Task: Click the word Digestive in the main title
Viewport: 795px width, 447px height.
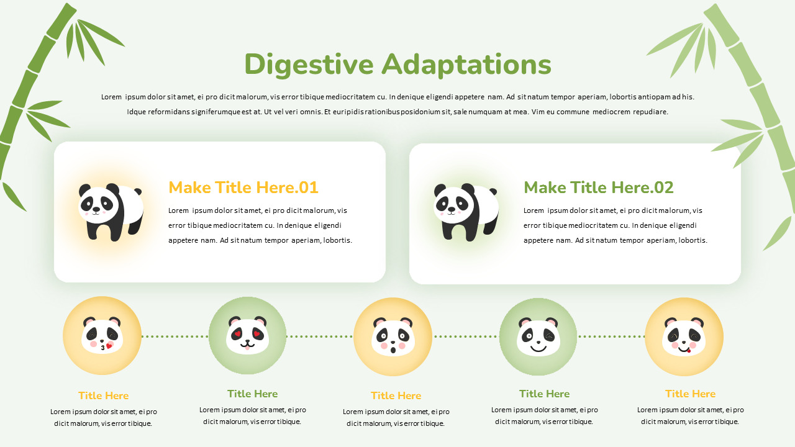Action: coord(309,65)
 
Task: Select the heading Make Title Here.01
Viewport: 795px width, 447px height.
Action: coord(243,187)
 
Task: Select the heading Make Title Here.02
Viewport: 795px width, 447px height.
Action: coord(598,187)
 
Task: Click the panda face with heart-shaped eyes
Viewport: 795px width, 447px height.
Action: coord(247,336)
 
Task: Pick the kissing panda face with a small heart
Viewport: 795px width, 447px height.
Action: coord(102,336)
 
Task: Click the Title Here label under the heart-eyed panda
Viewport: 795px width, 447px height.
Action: coord(252,394)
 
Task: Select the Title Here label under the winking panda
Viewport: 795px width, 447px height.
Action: coord(544,394)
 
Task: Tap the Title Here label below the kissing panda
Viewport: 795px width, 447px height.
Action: coord(103,395)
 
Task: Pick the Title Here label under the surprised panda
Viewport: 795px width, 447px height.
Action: coord(396,395)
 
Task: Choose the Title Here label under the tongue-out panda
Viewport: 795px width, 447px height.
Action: coord(690,394)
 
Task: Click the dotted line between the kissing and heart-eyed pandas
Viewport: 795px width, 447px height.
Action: coord(175,336)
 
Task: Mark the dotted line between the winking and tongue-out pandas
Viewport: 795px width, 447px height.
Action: coord(611,336)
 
